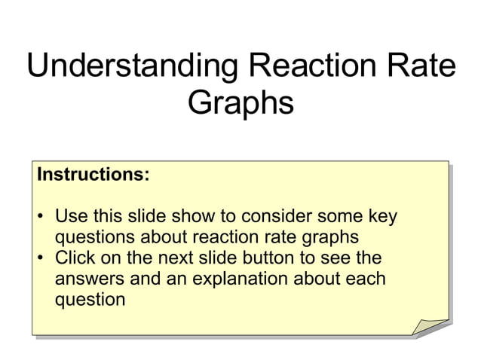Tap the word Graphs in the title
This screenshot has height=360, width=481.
click(x=240, y=103)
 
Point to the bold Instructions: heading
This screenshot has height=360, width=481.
click(x=93, y=175)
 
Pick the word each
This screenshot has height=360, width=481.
click(x=367, y=279)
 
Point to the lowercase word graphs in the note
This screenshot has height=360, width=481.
click(x=326, y=237)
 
